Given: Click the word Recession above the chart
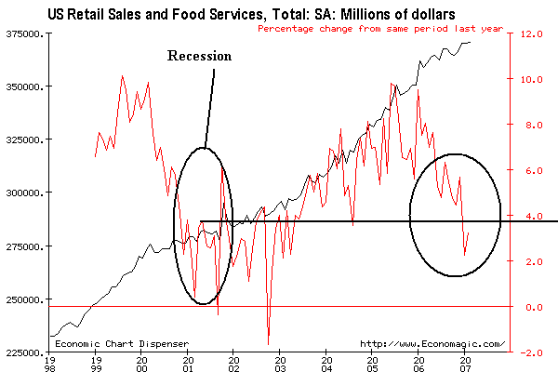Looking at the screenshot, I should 199,56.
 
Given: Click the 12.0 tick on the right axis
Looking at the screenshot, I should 531,33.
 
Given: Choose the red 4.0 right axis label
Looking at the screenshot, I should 531,217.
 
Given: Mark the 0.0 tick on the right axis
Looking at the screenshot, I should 531,308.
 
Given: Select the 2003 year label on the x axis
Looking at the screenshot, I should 278,363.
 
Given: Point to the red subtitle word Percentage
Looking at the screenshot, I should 289,28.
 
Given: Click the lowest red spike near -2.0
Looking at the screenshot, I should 268,344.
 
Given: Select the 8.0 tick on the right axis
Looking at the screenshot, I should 531,125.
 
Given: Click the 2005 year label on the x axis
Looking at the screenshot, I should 370,363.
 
